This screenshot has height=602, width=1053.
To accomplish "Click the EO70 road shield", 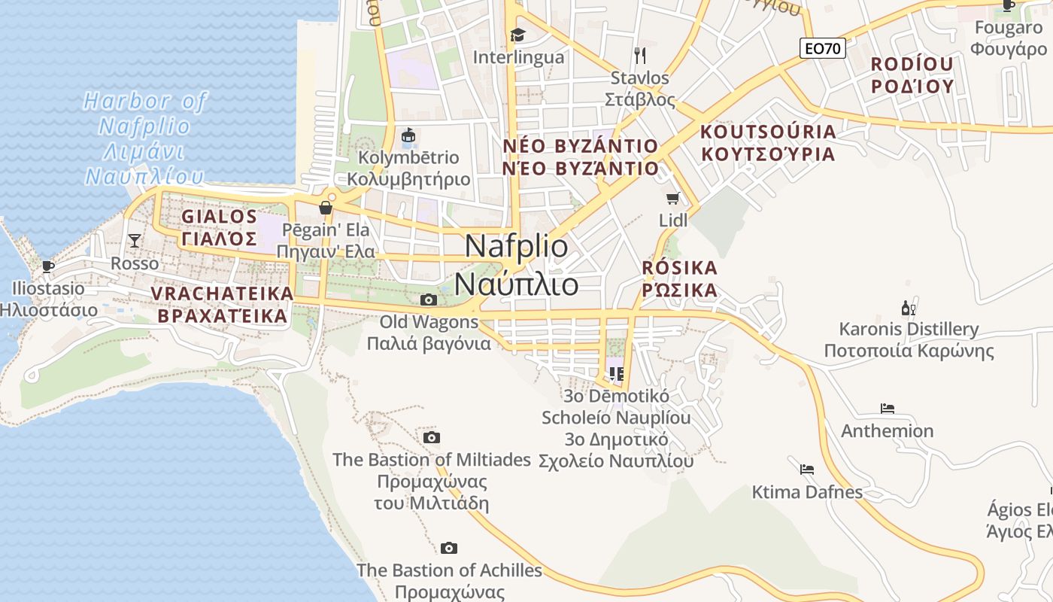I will (x=822, y=49).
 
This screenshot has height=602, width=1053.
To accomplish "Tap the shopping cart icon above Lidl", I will (x=673, y=198).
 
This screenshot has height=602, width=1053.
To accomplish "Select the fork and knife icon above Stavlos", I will (x=640, y=55).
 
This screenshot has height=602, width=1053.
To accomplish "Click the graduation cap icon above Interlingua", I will (x=517, y=35).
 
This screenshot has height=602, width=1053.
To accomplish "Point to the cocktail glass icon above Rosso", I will (x=135, y=241).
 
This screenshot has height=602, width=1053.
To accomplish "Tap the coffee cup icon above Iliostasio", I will (x=48, y=266).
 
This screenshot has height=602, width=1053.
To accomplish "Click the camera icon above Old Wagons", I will (x=429, y=300).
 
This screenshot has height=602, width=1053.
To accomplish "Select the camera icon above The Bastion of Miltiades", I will (x=432, y=437).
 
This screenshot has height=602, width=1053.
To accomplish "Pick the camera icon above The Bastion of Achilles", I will (x=449, y=548).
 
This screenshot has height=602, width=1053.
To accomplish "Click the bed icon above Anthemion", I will (x=888, y=409).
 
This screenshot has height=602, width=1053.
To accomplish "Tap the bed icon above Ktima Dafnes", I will (x=807, y=470).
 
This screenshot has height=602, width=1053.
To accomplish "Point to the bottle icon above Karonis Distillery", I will (x=909, y=308).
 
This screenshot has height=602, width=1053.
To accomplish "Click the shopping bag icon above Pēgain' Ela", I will (x=326, y=208).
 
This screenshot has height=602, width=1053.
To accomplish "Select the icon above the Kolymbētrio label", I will (x=408, y=135).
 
